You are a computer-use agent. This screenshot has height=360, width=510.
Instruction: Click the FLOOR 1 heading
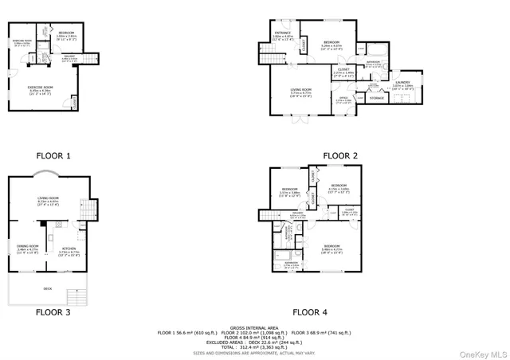click(x=53, y=155)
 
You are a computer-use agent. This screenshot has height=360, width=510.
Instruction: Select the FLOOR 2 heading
click(x=340, y=155)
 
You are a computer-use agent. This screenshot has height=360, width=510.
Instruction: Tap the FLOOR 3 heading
click(x=53, y=312)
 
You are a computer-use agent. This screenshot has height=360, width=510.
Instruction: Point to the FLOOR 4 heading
click(x=309, y=312)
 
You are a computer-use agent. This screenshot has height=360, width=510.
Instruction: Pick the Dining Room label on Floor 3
click(x=28, y=248)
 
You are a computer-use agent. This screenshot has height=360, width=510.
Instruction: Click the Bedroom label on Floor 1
click(x=67, y=33)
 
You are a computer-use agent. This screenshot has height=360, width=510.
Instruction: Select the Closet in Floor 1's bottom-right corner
click(x=74, y=102)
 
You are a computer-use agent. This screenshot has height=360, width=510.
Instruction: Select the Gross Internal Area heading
click(x=254, y=327)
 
